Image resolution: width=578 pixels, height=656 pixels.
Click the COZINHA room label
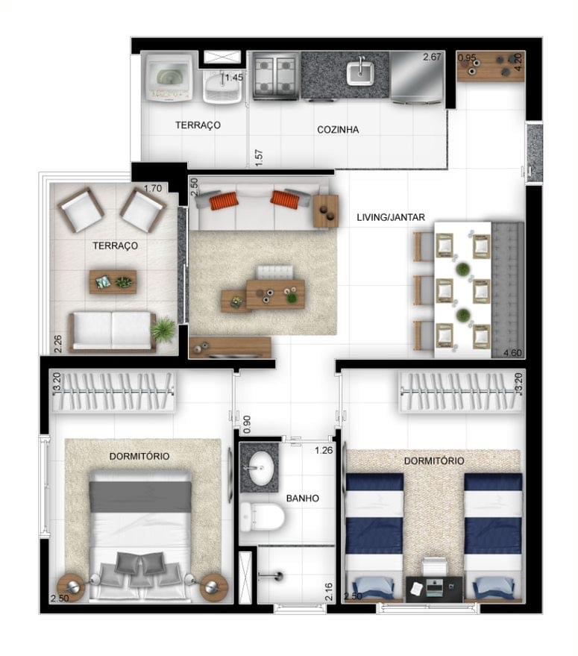coord(338,130)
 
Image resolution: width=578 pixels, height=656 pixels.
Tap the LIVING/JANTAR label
coord(391,218)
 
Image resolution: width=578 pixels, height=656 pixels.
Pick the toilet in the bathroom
coord(262,516)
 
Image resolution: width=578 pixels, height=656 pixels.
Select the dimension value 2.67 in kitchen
coord(433,57)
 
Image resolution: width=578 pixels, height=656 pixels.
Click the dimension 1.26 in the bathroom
coord(323,450)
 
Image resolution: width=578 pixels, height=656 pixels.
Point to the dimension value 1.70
coord(152,189)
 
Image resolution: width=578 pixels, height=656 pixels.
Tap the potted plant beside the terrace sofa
coord(163,328)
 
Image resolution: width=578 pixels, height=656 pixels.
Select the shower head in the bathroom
coord(276,575)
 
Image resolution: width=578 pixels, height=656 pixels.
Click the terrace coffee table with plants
coord(113,281)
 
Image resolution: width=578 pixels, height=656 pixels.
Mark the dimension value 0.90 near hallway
coord(247,423)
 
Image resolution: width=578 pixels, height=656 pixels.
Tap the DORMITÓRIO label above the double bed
coord(139,456)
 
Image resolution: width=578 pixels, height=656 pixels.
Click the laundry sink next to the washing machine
coord(222,90)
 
